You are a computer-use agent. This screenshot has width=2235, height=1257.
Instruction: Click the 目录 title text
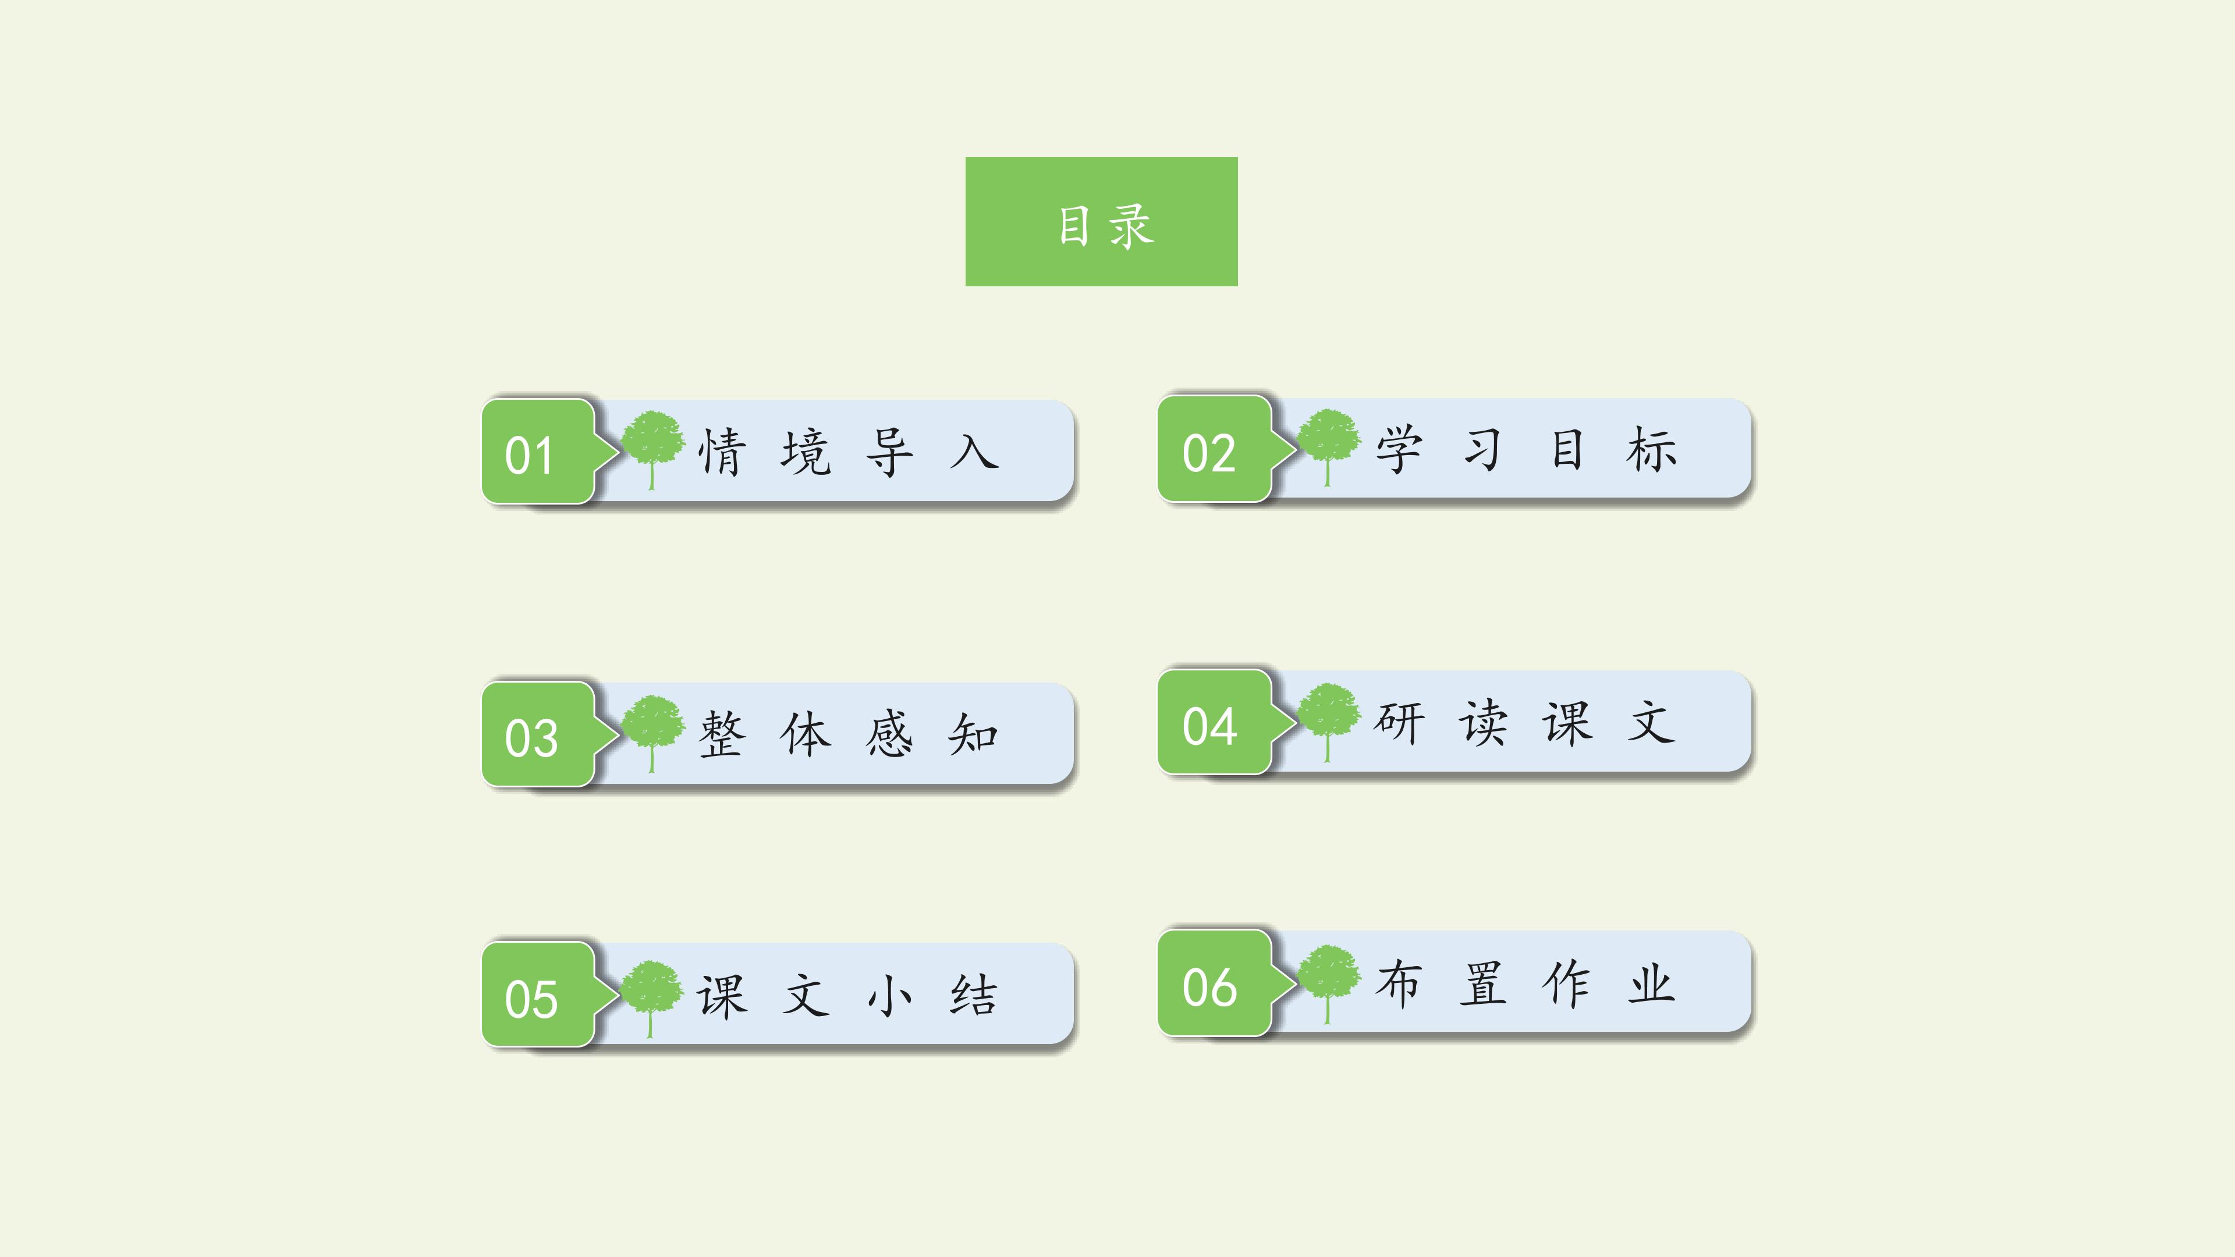click(x=1105, y=226)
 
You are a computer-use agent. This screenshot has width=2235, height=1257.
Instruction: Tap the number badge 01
click(x=538, y=451)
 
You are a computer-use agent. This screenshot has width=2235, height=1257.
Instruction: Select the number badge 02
click(x=1215, y=449)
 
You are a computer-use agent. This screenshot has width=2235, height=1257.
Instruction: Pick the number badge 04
click(x=1215, y=722)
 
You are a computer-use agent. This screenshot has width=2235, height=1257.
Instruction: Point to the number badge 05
click(x=538, y=994)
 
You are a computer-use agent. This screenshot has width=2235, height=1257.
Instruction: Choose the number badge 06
click(x=1215, y=983)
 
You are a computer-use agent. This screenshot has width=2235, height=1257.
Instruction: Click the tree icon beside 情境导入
click(x=653, y=449)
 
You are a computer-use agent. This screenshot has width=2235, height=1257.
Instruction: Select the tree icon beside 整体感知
click(x=653, y=733)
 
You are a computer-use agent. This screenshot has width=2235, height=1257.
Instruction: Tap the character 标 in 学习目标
click(x=1652, y=449)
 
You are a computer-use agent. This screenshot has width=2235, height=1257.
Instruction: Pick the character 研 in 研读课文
click(x=1399, y=722)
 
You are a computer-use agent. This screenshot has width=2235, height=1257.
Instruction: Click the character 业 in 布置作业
click(x=1651, y=983)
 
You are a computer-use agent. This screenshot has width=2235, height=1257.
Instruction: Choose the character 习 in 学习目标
click(x=1483, y=449)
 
